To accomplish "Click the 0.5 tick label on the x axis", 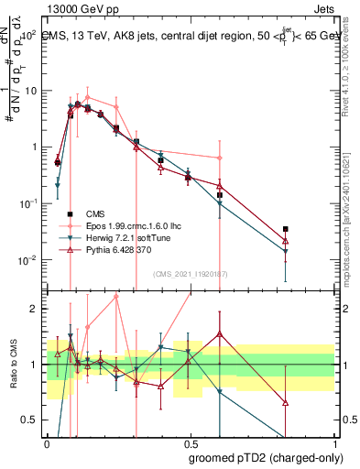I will click(x=191, y=443).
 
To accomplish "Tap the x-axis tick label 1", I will click(x=333, y=443).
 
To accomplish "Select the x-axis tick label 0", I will click(x=48, y=443).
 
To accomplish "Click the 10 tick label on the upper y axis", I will click(x=31, y=91).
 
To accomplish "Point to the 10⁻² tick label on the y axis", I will click(x=29, y=260).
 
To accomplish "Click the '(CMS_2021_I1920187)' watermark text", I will click(x=191, y=273).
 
